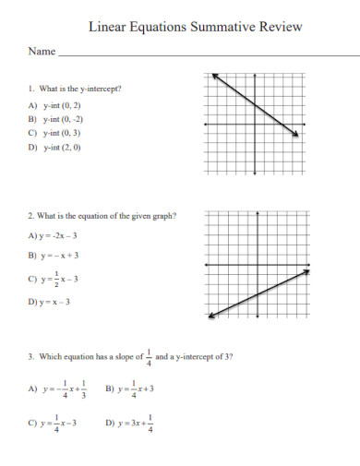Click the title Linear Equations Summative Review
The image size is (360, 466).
tap(195, 27)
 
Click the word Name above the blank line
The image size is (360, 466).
tap(40, 53)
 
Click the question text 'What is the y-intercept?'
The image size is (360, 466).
tap(79, 90)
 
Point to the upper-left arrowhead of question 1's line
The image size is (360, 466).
tap(214, 74)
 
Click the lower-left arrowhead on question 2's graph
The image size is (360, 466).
tap(211, 317)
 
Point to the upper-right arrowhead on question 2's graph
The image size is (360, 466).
tap(306, 270)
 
